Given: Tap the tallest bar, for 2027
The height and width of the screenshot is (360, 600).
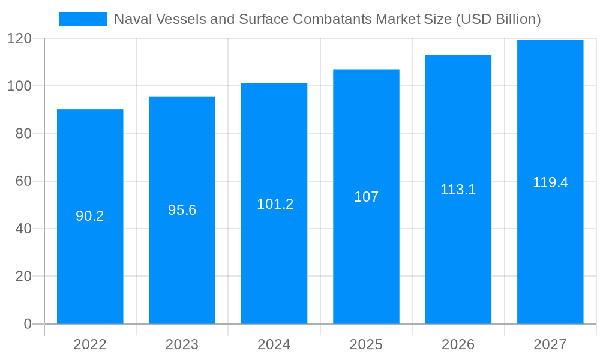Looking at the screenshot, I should (550, 252).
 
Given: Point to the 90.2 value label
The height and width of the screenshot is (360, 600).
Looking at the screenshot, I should (90, 217).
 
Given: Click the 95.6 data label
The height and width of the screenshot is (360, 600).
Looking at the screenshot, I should (182, 211).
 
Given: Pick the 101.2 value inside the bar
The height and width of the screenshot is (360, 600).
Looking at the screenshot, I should (275, 204).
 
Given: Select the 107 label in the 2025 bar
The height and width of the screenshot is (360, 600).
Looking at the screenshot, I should (366, 197).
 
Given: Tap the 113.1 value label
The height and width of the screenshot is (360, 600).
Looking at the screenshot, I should (458, 190).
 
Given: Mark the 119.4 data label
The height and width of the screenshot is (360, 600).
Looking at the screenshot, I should (550, 182).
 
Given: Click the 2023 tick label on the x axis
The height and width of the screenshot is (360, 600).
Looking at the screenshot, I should (182, 345).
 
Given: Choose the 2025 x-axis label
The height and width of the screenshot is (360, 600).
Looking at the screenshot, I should (366, 345).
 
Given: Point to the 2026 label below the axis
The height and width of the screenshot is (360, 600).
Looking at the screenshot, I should (458, 345).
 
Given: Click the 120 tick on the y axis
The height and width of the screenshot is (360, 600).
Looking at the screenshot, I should (19, 39).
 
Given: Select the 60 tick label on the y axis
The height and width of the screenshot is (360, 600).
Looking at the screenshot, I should (23, 181).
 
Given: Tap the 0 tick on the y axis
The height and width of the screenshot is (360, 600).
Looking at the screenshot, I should (27, 324).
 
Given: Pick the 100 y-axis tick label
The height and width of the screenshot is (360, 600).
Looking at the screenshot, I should (19, 86).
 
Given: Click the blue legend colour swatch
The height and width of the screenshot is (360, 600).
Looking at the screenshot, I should (82, 19).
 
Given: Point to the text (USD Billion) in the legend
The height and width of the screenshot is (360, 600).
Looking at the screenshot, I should (498, 19).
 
